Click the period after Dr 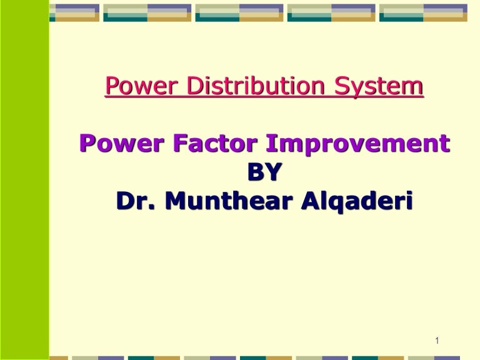point(151,207)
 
